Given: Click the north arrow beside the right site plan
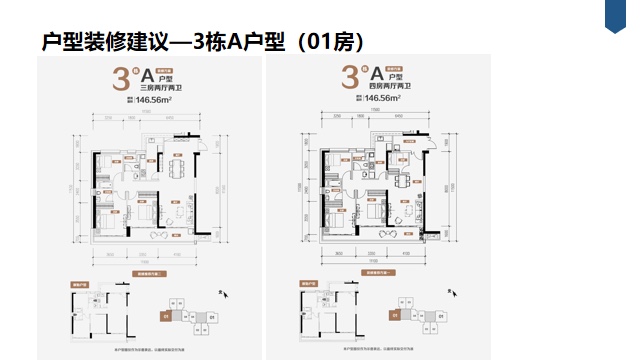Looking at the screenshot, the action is pos(452,293).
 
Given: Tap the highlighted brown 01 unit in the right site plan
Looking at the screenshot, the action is pos(395,316).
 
